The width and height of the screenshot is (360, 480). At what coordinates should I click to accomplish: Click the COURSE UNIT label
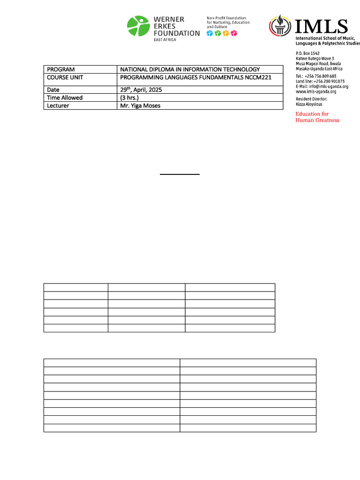pos(65,77)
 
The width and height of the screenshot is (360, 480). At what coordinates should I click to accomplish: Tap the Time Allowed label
pos(65,97)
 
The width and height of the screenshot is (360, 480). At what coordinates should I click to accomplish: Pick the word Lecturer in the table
pos(58,105)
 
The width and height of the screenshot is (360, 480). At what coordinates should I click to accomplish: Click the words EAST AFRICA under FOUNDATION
pos(165,40)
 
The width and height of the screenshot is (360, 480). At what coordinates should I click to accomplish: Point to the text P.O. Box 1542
pos(307,54)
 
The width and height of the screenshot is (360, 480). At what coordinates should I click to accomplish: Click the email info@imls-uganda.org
pos(328,86)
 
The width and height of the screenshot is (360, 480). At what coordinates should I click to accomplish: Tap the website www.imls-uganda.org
pos(316,91)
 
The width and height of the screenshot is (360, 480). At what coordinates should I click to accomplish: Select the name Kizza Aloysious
pos(309,104)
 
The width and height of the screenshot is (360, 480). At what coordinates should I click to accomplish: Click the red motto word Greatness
pos(327,120)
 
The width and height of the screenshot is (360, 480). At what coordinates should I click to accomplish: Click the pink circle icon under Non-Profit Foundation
pos(234,33)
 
